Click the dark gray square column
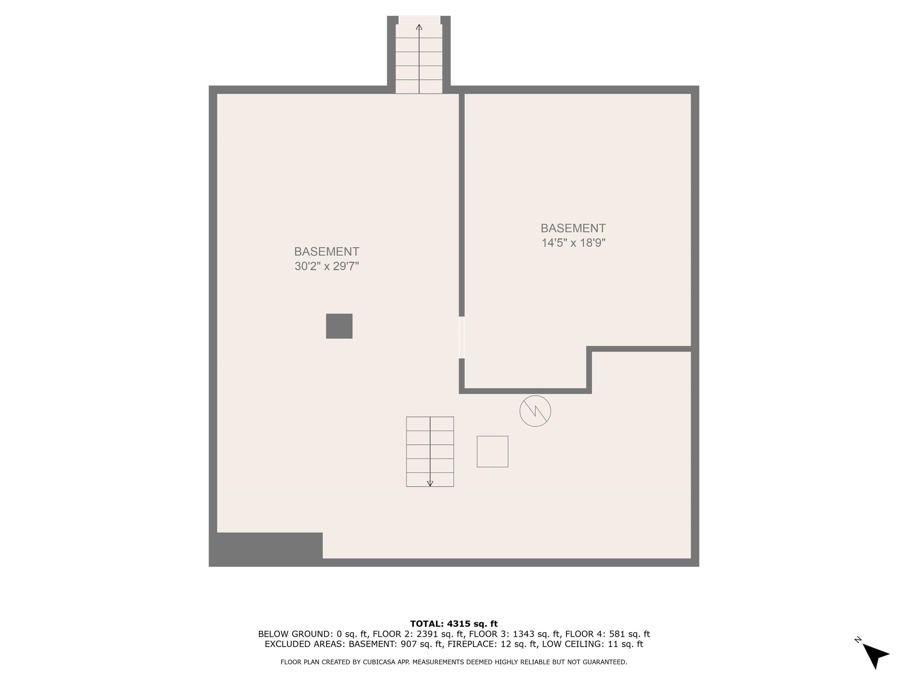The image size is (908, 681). (x=339, y=326)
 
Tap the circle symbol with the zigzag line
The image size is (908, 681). (x=535, y=411)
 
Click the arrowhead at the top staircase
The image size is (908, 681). (x=419, y=27)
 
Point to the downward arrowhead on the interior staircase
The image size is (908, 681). (x=430, y=484)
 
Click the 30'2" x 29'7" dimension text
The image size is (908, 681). (x=326, y=266)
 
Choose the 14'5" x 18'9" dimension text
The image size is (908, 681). (x=573, y=243)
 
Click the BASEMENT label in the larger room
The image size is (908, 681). (x=326, y=251)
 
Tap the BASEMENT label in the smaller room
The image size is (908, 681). (x=573, y=228)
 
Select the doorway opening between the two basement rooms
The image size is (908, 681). (x=461, y=338)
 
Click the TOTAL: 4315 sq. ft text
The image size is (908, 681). (x=454, y=624)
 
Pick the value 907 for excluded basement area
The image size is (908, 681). (x=409, y=644)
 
